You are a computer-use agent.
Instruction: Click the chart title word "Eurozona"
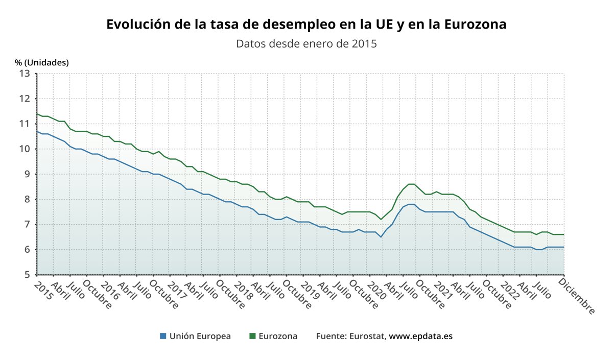tap(475, 24)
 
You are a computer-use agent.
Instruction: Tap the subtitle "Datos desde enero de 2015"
tap(306, 43)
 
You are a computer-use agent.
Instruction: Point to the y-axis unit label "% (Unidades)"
tap(42, 62)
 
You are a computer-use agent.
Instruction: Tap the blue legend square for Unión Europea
tap(163, 336)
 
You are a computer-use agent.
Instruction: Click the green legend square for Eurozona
tap(252, 336)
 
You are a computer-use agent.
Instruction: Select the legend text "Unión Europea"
tap(200, 336)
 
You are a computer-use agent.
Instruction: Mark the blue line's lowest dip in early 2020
tap(381, 237)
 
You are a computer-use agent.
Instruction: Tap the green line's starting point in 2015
tap(37, 114)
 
